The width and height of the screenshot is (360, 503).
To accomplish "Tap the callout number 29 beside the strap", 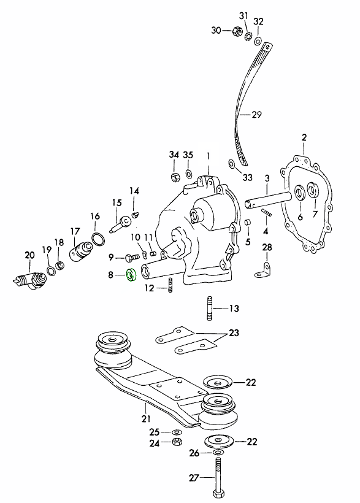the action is click(x=256, y=115).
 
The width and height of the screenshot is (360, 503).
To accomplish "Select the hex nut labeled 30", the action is click(x=236, y=31).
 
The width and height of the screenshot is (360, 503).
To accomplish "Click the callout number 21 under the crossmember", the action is click(x=146, y=418).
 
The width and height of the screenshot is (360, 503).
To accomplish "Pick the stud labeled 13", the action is click(x=209, y=309).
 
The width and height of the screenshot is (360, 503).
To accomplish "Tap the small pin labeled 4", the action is click(x=267, y=213).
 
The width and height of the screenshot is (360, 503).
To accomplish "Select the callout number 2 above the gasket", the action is click(x=304, y=137).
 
